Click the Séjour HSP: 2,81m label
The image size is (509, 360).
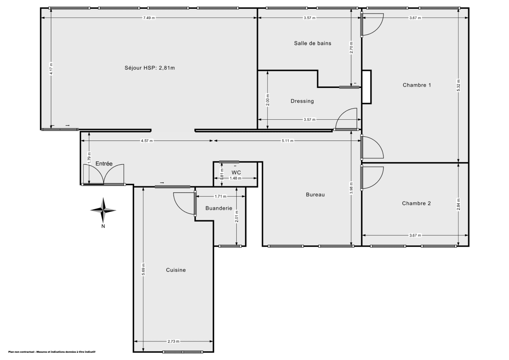[149, 68]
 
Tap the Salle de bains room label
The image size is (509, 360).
[313, 43]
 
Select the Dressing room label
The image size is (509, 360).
[302, 101]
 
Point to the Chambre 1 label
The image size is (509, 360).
[417, 85]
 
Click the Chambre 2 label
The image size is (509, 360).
[416, 203]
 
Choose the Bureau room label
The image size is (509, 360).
[315, 195]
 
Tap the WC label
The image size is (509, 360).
[236, 172]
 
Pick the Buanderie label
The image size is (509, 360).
[218, 208]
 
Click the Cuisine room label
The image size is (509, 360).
[176, 270]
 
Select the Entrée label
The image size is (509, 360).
[104, 163]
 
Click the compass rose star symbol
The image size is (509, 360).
[103, 210]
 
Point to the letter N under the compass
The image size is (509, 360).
[103, 226]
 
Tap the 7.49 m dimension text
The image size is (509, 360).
[149, 18]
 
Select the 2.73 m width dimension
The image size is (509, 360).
[173, 341]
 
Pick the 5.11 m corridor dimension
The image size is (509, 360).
[287, 141]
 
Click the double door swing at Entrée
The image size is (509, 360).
[103, 174]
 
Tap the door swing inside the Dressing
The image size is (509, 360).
[347, 119]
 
